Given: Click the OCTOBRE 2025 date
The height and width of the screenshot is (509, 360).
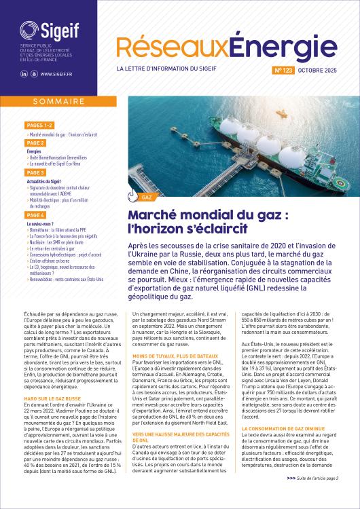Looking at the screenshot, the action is pyautogui.click(x=321, y=70).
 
